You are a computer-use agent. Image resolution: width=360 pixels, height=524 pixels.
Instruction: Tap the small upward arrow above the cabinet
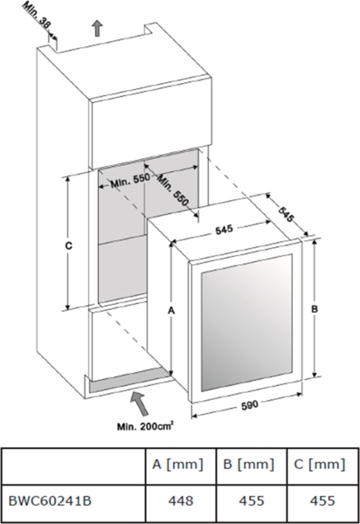pyautogui.click(x=97, y=28)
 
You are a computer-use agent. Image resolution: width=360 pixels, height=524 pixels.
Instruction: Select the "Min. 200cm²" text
pyautogui.click(x=145, y=426)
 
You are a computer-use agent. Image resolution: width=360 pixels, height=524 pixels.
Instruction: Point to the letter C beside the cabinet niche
pyautogui.click(x=68, y=246)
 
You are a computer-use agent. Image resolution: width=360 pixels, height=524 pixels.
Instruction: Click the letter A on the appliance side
pyautogui.click(x=171, y=311)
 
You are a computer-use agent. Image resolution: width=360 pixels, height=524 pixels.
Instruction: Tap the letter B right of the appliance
pyautogui.click(x=315, y=309)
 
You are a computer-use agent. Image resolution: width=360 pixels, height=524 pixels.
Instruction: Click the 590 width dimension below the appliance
pyautogui.click(x=249, y=404)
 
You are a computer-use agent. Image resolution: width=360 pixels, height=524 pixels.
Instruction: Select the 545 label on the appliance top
pyautogui.click(x=224, y=230)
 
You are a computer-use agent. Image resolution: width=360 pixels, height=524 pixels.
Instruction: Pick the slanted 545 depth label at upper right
pyautogui.click(x=286, y=215)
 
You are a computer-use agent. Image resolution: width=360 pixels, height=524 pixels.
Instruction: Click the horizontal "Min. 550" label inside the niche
pyautogui.click(x=130, y=180)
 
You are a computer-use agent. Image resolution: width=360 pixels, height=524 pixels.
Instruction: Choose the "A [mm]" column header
pyautogui.click(x=177, y=465)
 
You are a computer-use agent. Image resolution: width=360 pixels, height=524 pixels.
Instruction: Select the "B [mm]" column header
pyautogui.click(x=249, y=465)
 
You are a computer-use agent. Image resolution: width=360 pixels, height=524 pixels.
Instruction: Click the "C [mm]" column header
pyautogui.click(x=320, y=465)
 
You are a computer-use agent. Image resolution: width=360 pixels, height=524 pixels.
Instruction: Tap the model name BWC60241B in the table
pyautogui.click(x=50, y=500)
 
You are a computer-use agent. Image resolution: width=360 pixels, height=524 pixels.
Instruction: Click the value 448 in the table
pyautogui.click(x=181, y=500)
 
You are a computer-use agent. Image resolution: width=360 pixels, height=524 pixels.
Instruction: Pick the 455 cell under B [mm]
pyautogui.click(x=252, y=500)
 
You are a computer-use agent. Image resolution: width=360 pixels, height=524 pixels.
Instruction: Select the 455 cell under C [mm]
pyautogui.click(x=322, y=500)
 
